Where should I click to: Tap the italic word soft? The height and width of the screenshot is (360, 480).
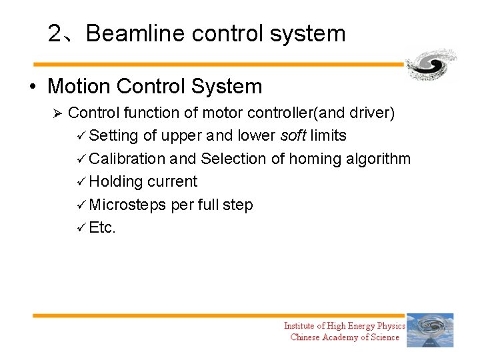293,136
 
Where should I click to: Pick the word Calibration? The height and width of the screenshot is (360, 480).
127,159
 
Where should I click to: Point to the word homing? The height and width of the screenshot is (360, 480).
317,159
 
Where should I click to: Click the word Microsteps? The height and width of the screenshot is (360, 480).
127,205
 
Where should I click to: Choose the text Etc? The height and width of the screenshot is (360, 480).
102,227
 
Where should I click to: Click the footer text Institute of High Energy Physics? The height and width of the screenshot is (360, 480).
344,326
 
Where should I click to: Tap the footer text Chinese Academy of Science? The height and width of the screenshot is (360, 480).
345,337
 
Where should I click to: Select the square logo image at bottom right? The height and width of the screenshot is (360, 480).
430,331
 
